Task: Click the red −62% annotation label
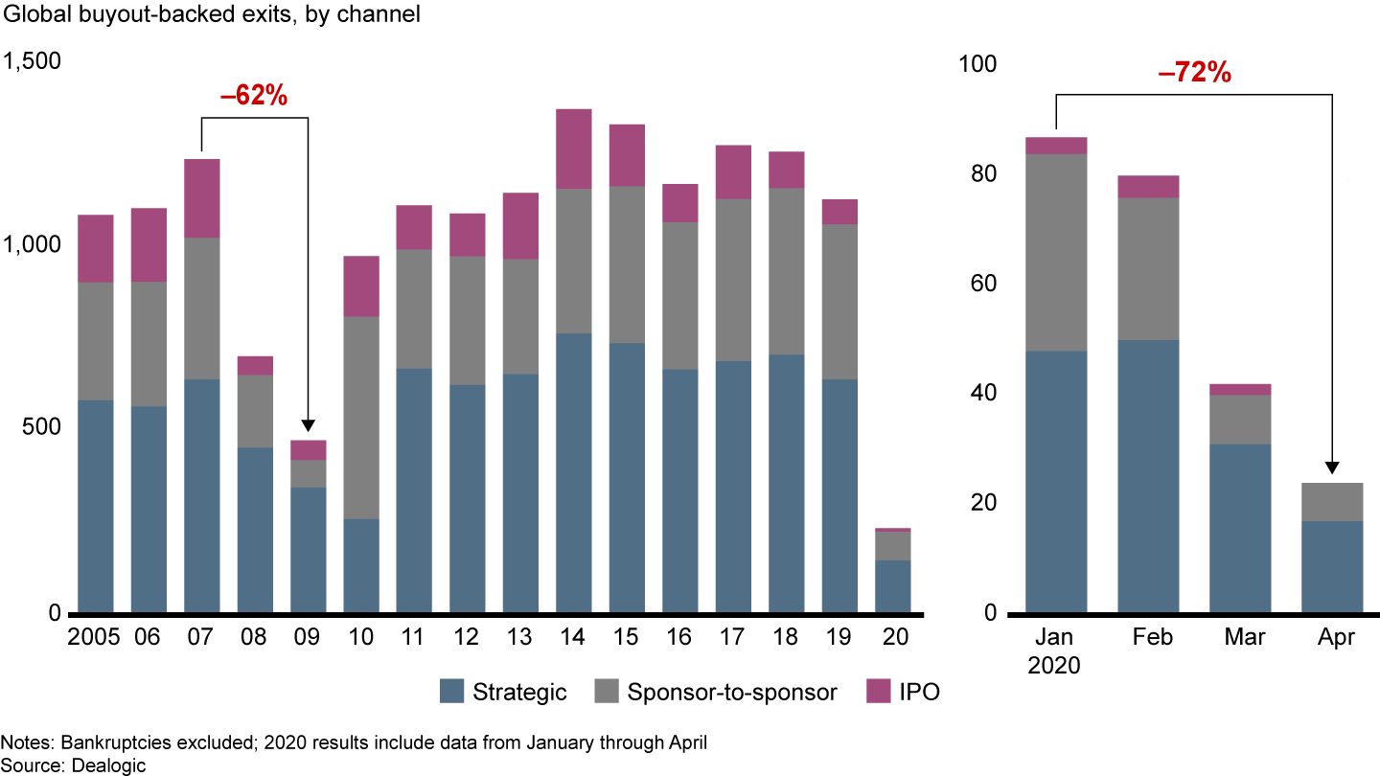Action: (x=254, y=96)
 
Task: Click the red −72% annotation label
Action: (x=1194, y=73)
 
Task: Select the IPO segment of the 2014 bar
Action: (x=574, y=148)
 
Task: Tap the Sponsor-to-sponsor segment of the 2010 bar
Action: (x=360, y=417)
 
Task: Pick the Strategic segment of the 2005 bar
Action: (x=96, y=506)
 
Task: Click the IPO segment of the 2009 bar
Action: (x=308, y=449)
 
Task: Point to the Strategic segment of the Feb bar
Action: (x=1147, y=476)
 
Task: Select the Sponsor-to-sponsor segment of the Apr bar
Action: (x=1332, y=502)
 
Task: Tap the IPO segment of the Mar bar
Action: (x=1240, y=389)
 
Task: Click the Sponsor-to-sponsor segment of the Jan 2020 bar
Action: (x=1056, y=252)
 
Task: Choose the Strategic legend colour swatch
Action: (x=451, y=692)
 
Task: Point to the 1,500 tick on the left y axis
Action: (x=33, y=61)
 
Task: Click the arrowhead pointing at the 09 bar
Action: (x=308, y=427)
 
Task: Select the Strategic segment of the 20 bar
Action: (x=892, y=586)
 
